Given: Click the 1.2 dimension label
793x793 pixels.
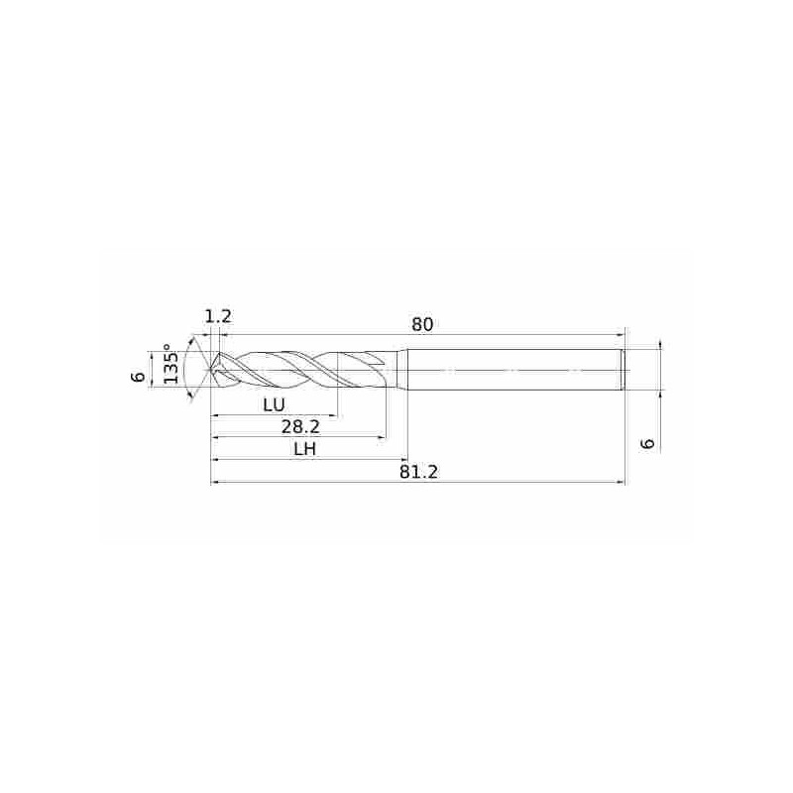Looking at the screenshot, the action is pos(218,316).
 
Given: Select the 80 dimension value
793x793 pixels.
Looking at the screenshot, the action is pos(422,324).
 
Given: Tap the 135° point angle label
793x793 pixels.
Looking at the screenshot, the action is pos(170,364).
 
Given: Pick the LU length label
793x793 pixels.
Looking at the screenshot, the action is pos(275,404).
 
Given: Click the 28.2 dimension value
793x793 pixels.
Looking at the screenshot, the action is pos(300,427).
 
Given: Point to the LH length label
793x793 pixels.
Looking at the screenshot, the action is pos(304,449).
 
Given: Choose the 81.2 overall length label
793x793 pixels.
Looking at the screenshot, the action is pos(418,472).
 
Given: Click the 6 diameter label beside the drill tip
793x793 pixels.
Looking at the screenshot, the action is pos(137,377).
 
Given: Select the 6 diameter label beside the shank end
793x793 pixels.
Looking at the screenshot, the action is pos(647,443).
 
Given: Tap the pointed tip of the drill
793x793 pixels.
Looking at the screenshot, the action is pos(211,370).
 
